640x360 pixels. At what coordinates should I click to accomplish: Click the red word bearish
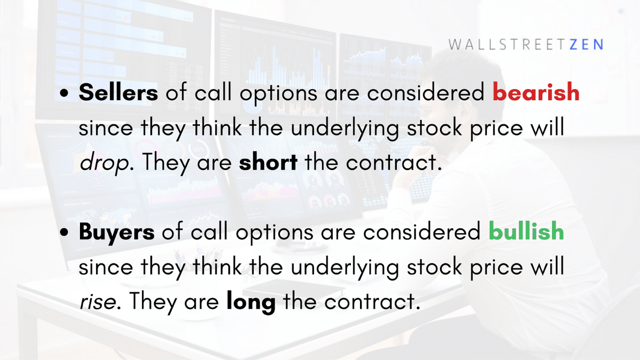(x=536, y=92)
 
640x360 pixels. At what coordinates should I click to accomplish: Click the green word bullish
(x=526, y=231)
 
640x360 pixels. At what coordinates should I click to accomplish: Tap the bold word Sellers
(x=118, y=92)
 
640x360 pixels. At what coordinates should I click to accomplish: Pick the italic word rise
(x=98, y=302)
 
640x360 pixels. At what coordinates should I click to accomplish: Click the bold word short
(x=268, y=162)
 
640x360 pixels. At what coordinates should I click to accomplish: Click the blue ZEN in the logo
(x=586, y=45)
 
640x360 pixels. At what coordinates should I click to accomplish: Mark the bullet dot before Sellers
(x=65, y=93)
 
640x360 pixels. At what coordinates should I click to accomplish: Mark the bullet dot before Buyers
(x=65, y=232)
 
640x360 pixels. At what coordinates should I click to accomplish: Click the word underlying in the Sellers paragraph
(x=345, y=129)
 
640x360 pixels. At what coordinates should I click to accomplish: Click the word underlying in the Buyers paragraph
(x=345, y=267)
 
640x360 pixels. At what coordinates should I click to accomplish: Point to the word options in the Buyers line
(x=274, y=233)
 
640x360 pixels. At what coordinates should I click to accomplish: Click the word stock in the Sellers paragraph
(x=434, y=127)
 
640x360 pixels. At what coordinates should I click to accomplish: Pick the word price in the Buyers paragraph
(x=497, y=268)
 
